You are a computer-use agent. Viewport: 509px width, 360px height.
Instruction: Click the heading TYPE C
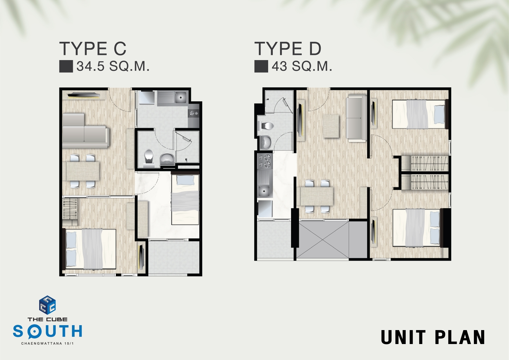coord(93,48)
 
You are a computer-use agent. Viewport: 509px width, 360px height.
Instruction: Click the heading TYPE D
coord(288,48)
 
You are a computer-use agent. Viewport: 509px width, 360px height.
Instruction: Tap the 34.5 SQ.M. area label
coord(113,66)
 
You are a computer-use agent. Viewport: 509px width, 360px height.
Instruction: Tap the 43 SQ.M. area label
coord(302,66)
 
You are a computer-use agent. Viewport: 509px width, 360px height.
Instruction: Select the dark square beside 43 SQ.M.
coord(261,66)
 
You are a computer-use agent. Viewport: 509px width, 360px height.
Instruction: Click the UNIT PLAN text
coord(433,337)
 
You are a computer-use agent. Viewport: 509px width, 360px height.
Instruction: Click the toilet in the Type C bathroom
coord(149,158)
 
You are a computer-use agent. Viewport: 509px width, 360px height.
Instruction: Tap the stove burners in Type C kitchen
coord(194,113)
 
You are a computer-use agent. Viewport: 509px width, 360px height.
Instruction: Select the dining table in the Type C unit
coord(83,171)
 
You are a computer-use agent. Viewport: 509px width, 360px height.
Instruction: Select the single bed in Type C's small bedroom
coord(185,200)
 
